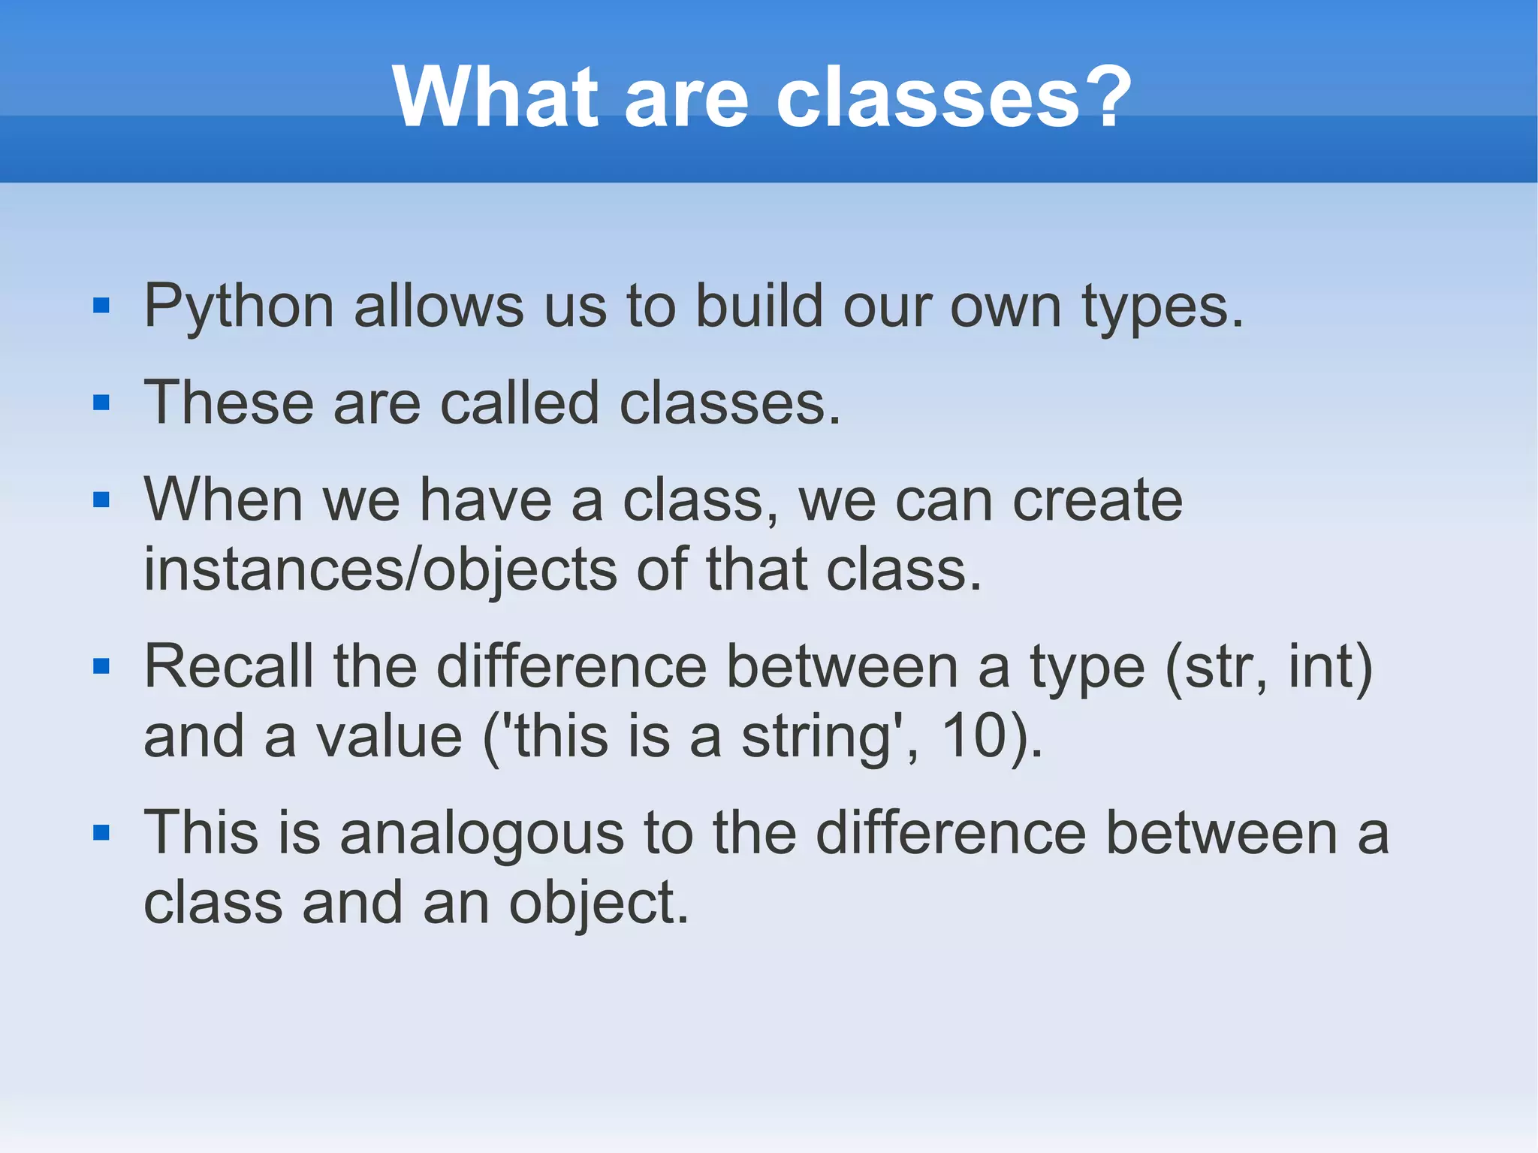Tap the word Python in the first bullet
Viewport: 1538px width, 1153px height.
[x=239, y=307]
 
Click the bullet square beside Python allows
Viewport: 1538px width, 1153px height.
[x=101, y=306]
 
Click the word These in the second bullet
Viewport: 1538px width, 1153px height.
[x=228, y=403]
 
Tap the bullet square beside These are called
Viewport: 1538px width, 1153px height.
[x=101, y=403]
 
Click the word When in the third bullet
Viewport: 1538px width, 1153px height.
[x=223, y=500]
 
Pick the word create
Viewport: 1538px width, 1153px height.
[x=1097, y=500]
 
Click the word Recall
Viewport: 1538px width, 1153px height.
[x=228, y=666]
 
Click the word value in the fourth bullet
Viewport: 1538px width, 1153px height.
[x=388, y=736]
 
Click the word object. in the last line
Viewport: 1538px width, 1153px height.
[x=598, y=904]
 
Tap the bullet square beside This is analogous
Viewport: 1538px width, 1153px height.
[x=101, y=832]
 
